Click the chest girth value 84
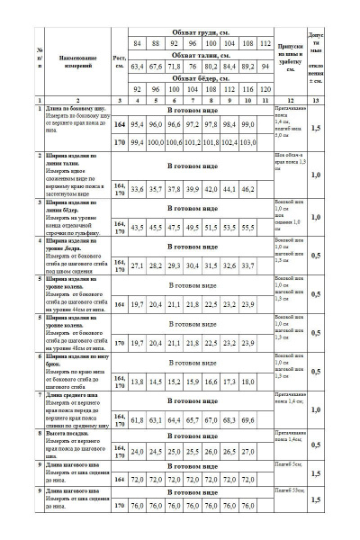[x=138, y=43]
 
